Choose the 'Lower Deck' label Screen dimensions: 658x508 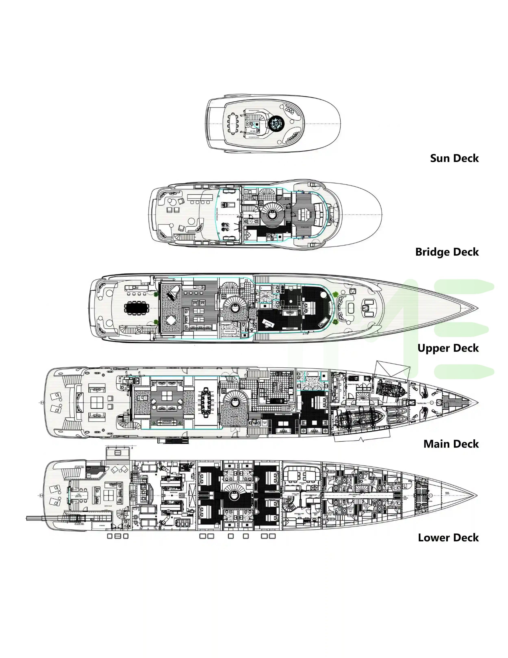[448, 538]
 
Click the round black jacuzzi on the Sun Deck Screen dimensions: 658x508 [275, 124]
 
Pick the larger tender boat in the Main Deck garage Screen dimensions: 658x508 [359, 418]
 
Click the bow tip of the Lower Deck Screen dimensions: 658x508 [477, 496]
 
